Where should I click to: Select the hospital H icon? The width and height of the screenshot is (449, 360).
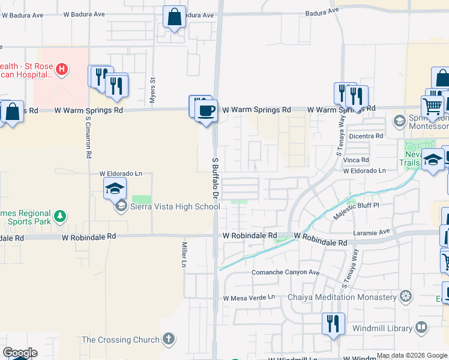60,70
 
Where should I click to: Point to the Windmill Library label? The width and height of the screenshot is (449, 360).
387,328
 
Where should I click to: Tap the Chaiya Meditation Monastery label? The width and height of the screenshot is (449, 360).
343,297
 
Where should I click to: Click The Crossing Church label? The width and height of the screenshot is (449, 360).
121,340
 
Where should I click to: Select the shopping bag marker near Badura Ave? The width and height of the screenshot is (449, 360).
174,17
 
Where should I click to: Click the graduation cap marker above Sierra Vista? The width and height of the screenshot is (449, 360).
115,189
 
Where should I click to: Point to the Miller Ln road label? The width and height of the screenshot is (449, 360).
185,255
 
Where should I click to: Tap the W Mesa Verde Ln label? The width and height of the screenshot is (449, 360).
249,298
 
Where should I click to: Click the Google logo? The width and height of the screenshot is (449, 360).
19,353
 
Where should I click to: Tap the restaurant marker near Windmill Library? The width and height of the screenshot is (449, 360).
333,324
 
